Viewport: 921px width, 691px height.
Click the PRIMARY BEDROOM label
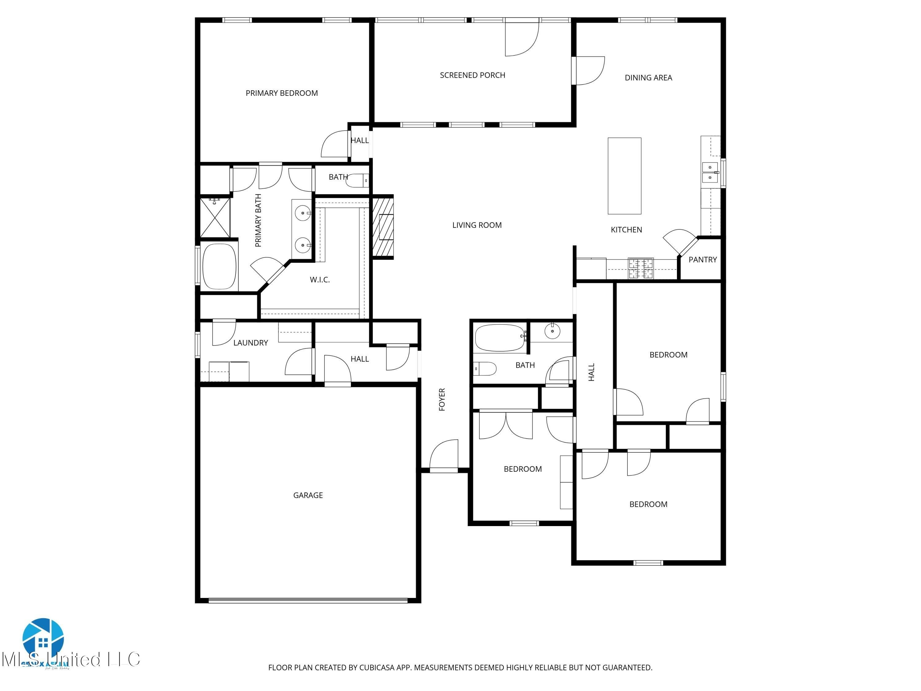click(x=282, y=93)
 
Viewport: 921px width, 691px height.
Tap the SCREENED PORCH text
click(x=472, y=75)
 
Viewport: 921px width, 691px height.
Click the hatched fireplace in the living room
click(x=382, y=227)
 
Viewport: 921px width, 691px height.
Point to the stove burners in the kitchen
click(x=640, y=268)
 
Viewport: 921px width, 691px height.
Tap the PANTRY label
click(x=702, y=260)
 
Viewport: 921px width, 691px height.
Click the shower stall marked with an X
click(x=215, y=218)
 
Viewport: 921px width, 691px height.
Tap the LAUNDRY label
click(x=250, y=342)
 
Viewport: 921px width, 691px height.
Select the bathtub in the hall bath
click(x=499, y=338)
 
